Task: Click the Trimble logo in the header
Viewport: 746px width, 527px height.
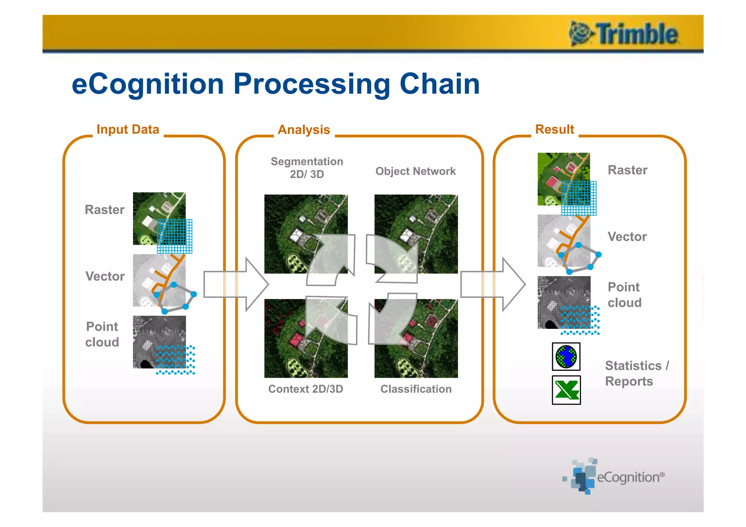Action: pyautogui.click(x=624, y=34)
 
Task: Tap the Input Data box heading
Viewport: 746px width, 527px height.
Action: pyautogui.click(x=128, y=129)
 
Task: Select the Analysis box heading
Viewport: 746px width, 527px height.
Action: pyautogui.click(x=304, y=130)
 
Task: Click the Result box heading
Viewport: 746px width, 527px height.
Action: pyautogui.click(x=554, y=129)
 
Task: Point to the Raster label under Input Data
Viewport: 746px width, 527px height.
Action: pyautogui.click(x=105, y=210)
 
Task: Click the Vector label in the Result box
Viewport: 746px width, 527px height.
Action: pyautogui.click(x=627, y=237)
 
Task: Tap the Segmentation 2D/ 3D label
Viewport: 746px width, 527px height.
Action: pyautogui.click(x=307, y=168)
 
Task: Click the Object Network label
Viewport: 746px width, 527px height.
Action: pyautogui.click(x=415, y=171)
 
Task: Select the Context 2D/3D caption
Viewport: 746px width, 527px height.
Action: pyautogui.click(x=306, y=389)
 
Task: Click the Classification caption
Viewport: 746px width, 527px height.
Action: pyautogui.click(x=416, y=389)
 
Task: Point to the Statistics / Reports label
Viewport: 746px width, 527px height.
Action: pyautogui.click(x=636, y=373)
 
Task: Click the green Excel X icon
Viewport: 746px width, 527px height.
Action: pyautogui.click(x=566, y=390)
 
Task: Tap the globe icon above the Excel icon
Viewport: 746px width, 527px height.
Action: pyautogui.click(x=566, y=357)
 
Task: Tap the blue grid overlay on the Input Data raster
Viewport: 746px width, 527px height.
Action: pyautogui.click(x=174, y=236)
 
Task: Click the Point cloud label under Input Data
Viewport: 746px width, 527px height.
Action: pyautogui.click(x=102, y=334)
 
